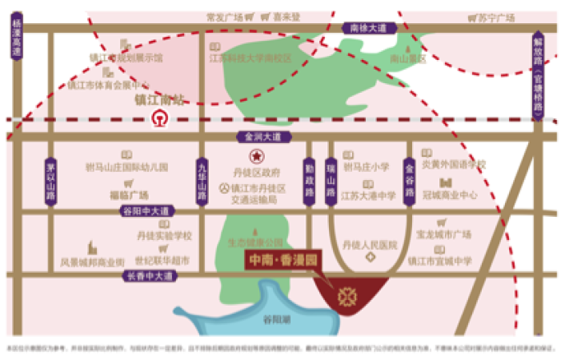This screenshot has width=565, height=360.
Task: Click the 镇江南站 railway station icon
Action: pyautogui.click(x=158, y=118)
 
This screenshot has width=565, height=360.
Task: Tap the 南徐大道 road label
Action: pyautogui.click(x=369, y=29)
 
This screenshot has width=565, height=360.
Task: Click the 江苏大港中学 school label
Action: pyautogui.click(x=368, y=194)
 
